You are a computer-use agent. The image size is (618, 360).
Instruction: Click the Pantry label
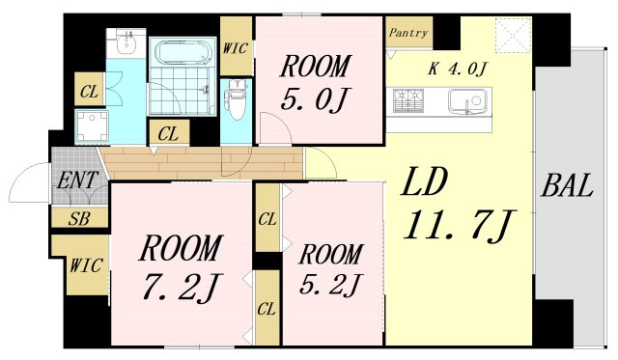coord(407,33)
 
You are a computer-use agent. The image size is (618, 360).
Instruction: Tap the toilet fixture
coord(237,99)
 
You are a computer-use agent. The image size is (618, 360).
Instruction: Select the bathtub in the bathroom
coord(183,53)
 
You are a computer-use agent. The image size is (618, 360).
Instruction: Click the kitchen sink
coord(467,101)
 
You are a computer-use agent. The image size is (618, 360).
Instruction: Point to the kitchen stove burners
coord(408,100)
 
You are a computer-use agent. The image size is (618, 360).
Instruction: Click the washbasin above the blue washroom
coord(126,42)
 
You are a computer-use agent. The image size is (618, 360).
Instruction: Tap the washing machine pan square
coord(92,126)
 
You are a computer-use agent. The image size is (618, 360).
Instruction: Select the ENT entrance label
coord(77,180)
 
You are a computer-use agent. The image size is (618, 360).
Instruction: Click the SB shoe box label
coord(79,218)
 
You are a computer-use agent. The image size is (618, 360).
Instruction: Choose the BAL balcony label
coord(568,185)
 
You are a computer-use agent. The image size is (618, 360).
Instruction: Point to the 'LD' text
coord(424,181)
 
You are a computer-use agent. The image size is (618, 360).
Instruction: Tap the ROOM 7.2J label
coord(181,267)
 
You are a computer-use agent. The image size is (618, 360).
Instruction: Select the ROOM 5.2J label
coord(330,270)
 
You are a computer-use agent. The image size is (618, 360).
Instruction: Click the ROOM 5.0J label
coord(316,83)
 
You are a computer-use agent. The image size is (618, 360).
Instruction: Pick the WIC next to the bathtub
coord(236,48)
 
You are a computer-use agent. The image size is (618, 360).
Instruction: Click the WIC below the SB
coord(86,265)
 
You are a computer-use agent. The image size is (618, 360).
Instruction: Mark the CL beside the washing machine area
coord(89,92)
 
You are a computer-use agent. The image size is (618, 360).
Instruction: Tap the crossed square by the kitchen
coord(513,35)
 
